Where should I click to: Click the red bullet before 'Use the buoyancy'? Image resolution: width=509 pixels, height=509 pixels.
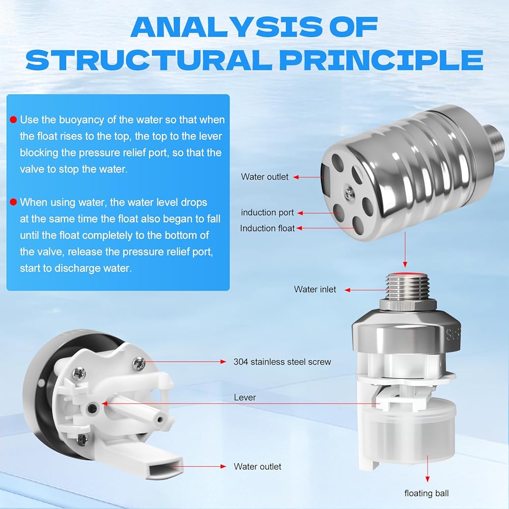coord(13,120)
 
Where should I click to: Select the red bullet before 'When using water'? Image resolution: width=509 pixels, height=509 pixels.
coord(13,202)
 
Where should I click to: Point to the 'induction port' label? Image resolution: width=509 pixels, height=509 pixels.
coord(267,213)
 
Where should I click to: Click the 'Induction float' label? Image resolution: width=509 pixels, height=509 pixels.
coord(267,228)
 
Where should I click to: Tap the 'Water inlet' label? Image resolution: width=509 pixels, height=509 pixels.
coord(315,289)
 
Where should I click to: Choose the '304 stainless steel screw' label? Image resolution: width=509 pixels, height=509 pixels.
coord(282,361)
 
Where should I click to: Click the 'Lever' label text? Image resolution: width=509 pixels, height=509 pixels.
coord(245,398)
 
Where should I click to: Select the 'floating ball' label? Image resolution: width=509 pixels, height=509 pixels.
coord(427,493)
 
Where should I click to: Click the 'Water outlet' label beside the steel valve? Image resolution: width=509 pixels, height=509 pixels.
coord(265,177)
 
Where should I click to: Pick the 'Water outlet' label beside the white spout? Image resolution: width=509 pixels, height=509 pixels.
coord(258,466)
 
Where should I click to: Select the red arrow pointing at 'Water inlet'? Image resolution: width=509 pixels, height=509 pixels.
coord(366,290)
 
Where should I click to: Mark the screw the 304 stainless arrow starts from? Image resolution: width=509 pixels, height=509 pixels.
coord(138,363)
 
